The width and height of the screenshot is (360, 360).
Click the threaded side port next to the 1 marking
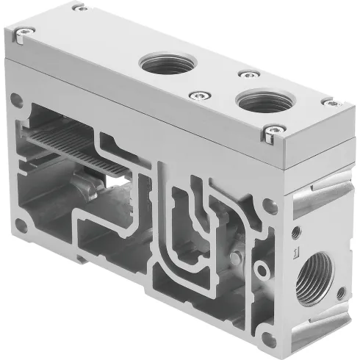click(314, 277)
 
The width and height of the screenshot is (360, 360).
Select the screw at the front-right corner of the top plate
click(270, 133)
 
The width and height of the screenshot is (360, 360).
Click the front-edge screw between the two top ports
click(196, 94)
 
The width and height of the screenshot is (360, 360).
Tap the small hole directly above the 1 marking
click(296, 232)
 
